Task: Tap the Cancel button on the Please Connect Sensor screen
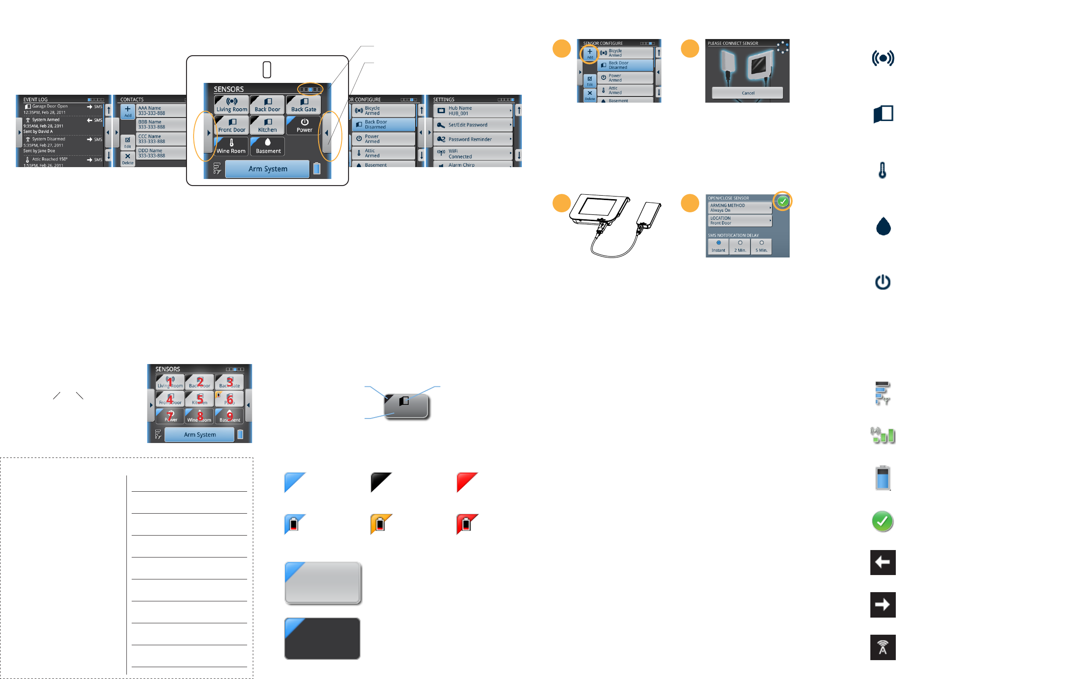tap(747, 93)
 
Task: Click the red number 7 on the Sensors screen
tap(170, 415)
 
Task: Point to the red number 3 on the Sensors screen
tap(230, 382)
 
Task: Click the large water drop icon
tap(883, 226)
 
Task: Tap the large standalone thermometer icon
tap(882, 170)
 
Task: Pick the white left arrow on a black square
tap(882, 562)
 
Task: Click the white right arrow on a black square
tap(882, 604)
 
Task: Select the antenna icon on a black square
tap(882, 647)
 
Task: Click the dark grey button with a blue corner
tap(322, 639)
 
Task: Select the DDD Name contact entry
tap(161, 153)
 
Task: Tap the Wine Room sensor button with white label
tap(231, 146)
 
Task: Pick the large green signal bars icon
tap(883, 435)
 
